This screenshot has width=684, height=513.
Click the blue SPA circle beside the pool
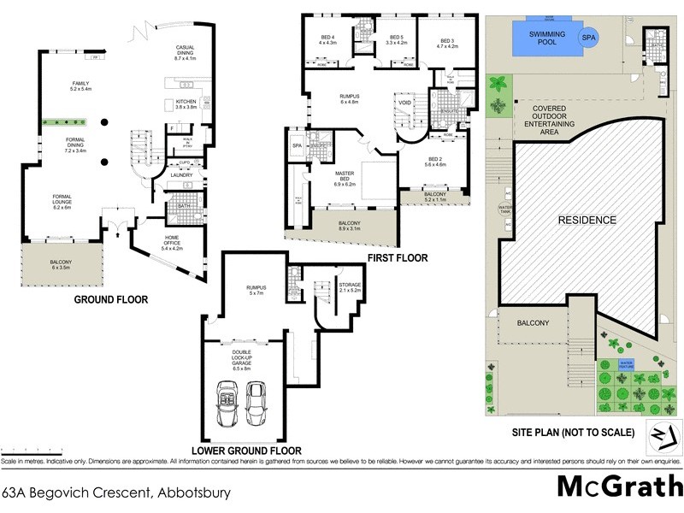pyautogui.click(x=589, y=38)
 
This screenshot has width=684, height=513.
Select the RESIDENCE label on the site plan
pyautogui.click(x=587, y=220)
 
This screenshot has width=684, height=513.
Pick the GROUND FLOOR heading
pyautogui.click(x=111, y=300)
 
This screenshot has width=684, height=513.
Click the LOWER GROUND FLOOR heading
pyautogui.click(x=248, y=450)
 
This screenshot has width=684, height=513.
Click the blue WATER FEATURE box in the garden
pyautogui.click(x=627, y=365)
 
